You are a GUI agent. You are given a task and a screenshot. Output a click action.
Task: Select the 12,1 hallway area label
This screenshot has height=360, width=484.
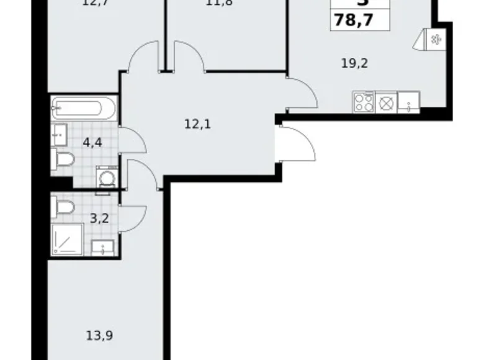(x=198, y=124)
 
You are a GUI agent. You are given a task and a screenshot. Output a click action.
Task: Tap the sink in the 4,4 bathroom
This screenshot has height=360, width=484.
(x=60, y=132)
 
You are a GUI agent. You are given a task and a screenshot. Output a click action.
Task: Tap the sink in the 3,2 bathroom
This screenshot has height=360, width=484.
(x=100, y=248)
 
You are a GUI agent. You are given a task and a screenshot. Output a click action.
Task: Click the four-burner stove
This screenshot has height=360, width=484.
(x=362, y=101)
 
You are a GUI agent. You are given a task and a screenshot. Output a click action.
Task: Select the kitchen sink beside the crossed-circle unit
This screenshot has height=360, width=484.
(x=408, y=101)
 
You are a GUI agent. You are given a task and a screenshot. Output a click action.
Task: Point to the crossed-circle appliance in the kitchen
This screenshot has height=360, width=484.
(x=385, y=102)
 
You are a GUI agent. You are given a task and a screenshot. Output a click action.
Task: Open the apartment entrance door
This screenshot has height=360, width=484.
(x=298, y=141)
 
